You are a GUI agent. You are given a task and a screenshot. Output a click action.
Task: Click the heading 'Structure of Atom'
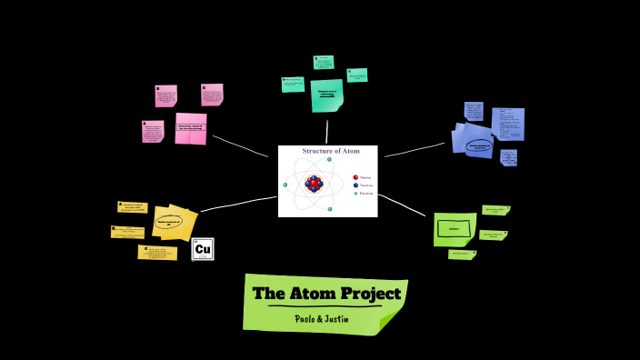[x=331, y=151]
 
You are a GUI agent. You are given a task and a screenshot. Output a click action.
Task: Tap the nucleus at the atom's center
[x=314, y=184]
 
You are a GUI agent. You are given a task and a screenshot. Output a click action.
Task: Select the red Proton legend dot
[x=355, y=177]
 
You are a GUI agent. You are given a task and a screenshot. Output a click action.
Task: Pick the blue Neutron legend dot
[x=355, y=185]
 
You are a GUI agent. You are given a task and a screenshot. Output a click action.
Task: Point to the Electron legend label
[x=366, y=194]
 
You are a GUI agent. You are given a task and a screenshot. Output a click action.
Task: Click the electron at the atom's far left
[x=285, y=185]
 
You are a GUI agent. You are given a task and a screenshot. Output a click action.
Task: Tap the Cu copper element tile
[x=203, y=249]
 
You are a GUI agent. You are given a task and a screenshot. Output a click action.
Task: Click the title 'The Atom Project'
[x=326, y=294]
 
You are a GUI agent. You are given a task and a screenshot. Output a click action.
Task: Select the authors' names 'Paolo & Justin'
[x=323, y=319]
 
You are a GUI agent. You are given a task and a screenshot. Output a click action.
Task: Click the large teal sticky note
[x=326, y=95]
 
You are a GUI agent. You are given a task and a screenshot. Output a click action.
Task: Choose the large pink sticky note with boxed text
[x=191, y=128]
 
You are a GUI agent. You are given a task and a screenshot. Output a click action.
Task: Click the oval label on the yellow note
[x=169, y=220]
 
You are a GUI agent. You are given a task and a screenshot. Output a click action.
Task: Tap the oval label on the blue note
[x=478, y=145]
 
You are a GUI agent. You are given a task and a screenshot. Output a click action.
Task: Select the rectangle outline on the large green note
[x=454, y=229]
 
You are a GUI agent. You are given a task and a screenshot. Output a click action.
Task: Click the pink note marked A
[x=153, y=132]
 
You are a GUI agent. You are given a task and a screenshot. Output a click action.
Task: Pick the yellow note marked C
[x=157, y=252]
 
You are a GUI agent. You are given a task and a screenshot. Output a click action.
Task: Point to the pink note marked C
[x=212, y=95]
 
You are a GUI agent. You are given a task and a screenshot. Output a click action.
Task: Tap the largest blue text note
[x=507, y=124]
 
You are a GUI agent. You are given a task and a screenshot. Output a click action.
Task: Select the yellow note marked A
[x=133, y=207]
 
